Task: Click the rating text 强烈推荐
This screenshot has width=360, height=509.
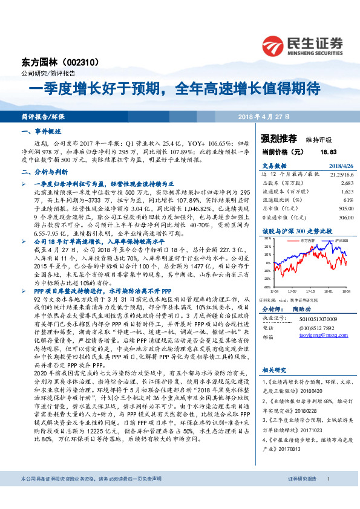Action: coord(278,138)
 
